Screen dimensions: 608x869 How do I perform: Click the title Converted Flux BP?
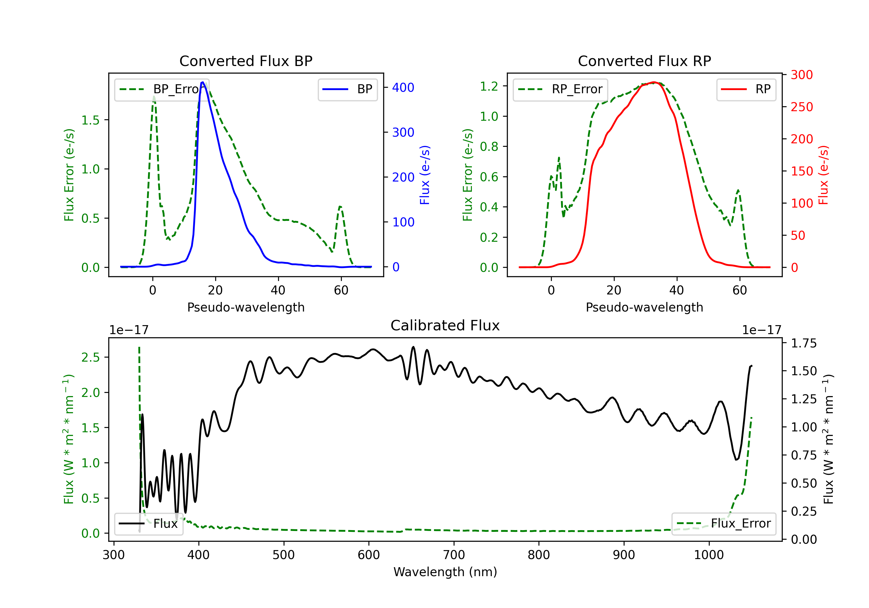(x=246, y=61)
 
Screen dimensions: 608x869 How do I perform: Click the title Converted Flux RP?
(x=644, y=61)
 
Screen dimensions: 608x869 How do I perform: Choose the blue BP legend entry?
(x=347, y=89)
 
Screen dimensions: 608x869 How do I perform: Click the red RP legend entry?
(x=746, y=89)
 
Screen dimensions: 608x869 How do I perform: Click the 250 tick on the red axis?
(x=802, y=107)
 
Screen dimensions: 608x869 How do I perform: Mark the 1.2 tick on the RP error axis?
(x=489, y=86)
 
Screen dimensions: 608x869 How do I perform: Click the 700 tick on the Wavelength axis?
(x=454, y=555)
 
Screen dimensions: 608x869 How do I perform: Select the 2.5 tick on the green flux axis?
(x=91, y=357)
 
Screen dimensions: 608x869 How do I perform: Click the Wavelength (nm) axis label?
(x=445, y=572)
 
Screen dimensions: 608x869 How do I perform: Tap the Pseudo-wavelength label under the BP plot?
(x=246, y=307)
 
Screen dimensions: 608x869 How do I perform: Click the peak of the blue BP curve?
(x=203, y=82)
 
